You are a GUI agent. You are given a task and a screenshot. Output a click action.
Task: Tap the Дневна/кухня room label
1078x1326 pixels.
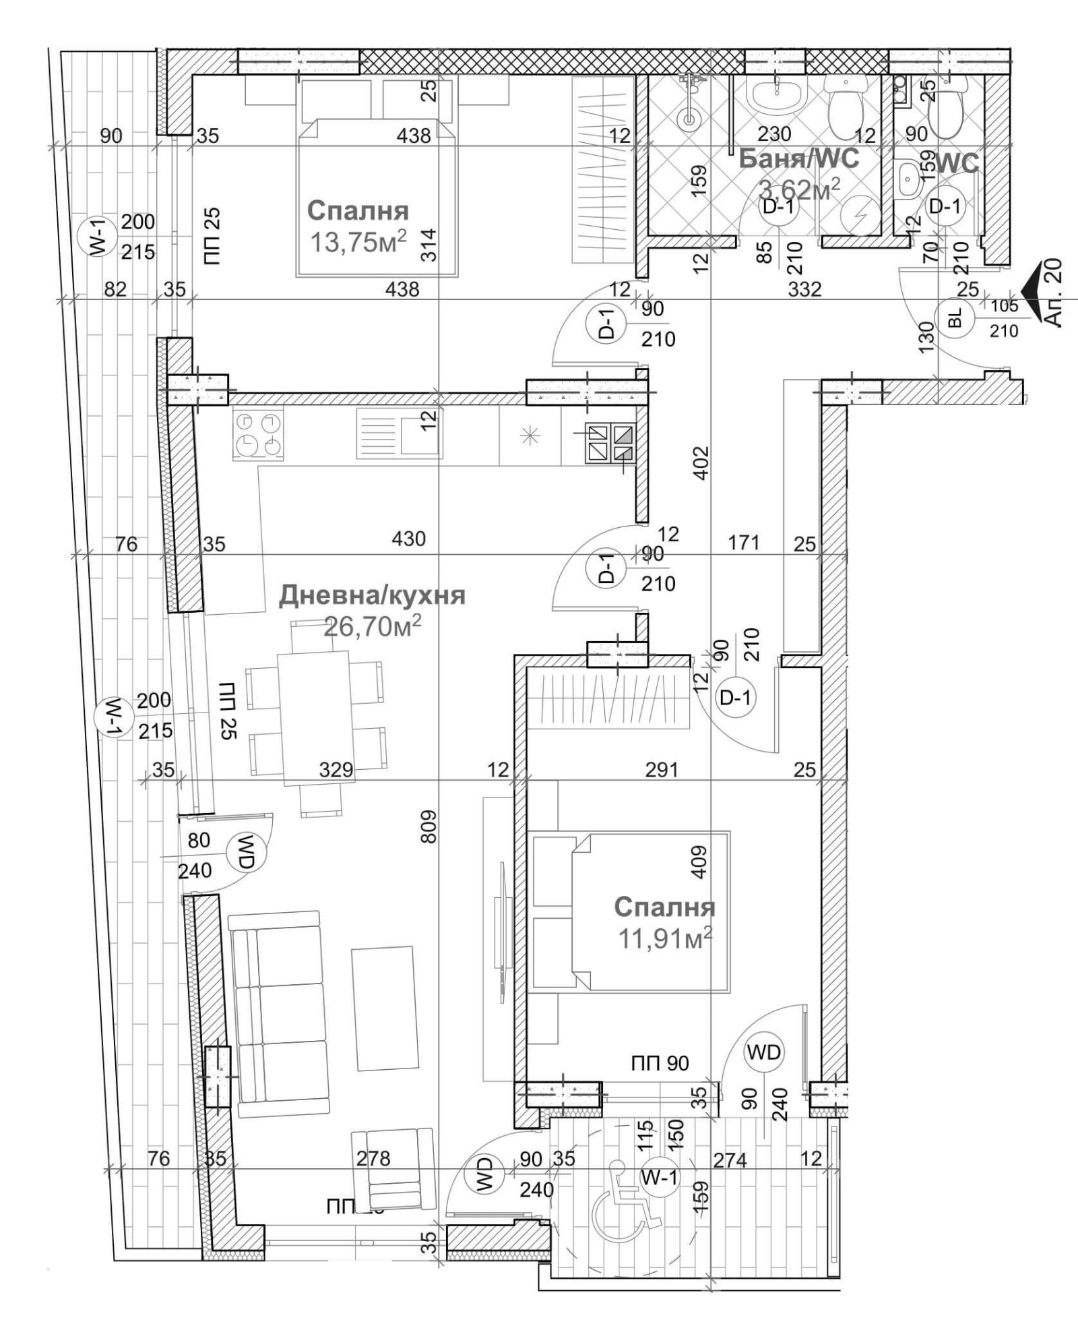tap(372, 596)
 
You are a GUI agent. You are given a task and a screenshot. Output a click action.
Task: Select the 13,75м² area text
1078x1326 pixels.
tap(358, 241)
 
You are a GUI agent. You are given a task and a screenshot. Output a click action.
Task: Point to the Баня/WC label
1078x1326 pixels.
tap(799, 158)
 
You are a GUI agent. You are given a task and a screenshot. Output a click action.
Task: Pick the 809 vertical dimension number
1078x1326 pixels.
tap(429, 826)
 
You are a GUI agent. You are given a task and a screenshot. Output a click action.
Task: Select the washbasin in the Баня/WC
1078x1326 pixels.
tap(775, 98)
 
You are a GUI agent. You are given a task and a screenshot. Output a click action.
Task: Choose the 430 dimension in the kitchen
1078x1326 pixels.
tap(409, 539)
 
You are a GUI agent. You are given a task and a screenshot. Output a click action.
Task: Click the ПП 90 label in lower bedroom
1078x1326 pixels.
tap(660, 1064)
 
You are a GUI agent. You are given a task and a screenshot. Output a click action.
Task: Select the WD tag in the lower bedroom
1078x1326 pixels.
tap(763, 1052)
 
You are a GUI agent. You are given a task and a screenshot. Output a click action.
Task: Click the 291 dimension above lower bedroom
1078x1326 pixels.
tap(661, 769)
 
